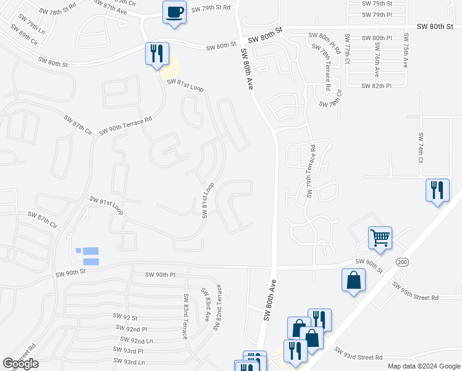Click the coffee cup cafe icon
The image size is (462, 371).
coord(174,12)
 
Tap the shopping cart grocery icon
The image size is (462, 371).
coord(380,237)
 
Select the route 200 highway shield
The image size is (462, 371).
coord(401,263)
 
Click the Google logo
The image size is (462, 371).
coord(20,364)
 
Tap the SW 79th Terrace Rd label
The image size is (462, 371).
coord(310,172)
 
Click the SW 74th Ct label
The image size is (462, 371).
coord(420,147)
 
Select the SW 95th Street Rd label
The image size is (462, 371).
coord(415,291)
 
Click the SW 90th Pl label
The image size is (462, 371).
coord(160,275)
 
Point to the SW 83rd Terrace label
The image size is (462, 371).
coord(185,316)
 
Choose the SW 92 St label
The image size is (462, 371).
coord(125,316)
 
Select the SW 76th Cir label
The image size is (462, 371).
coord(330,101)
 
